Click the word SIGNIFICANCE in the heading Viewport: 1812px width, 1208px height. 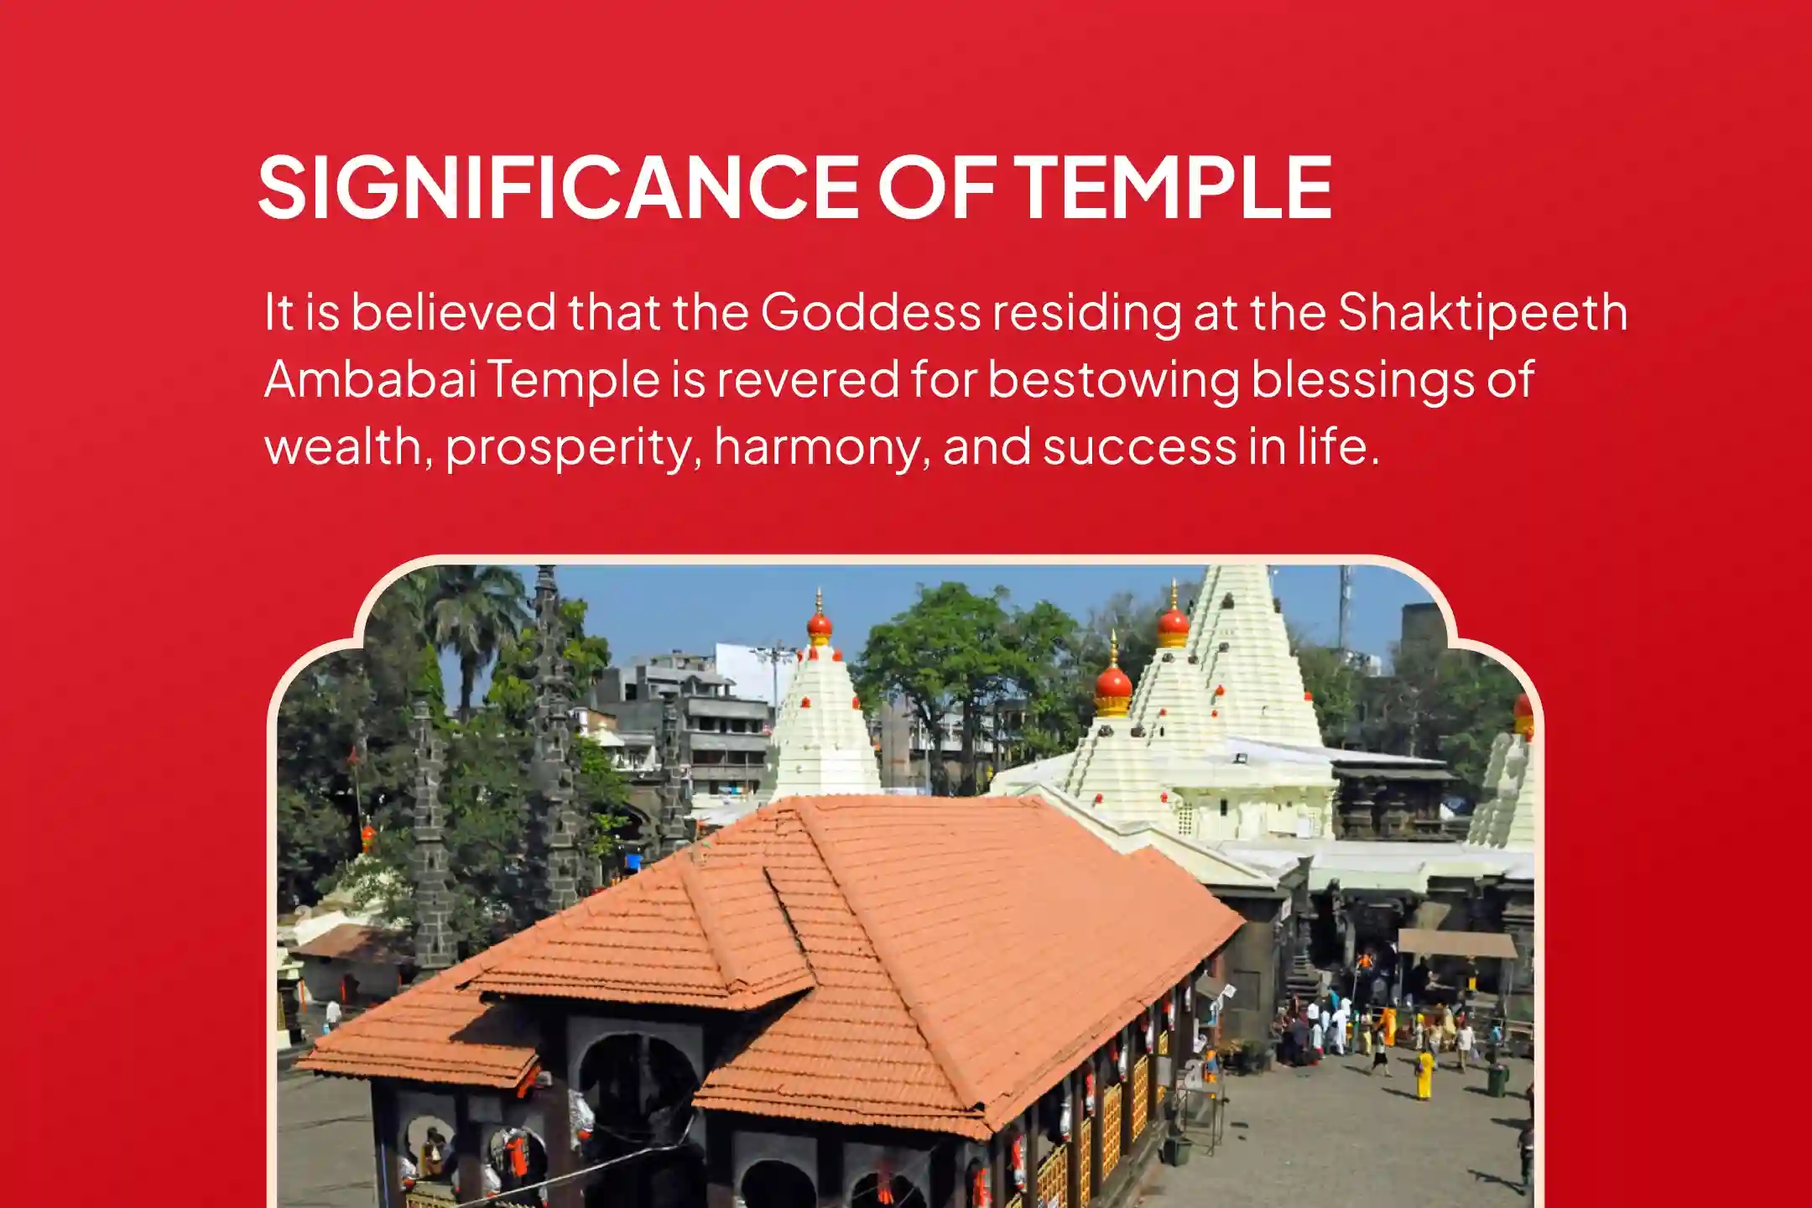(x=559, y=187)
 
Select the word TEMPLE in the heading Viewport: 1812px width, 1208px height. (x=1173, y=187)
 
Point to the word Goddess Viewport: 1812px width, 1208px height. (x=871, y=311)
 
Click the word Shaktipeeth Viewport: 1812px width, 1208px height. (x=1482, y=311)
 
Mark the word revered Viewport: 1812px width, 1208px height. (x=807, y=379)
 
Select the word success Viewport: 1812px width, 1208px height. (x=1138, y=447)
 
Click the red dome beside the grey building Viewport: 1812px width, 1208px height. (x=819, y=624)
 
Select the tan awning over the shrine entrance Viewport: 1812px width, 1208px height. (x=1457, y=944)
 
